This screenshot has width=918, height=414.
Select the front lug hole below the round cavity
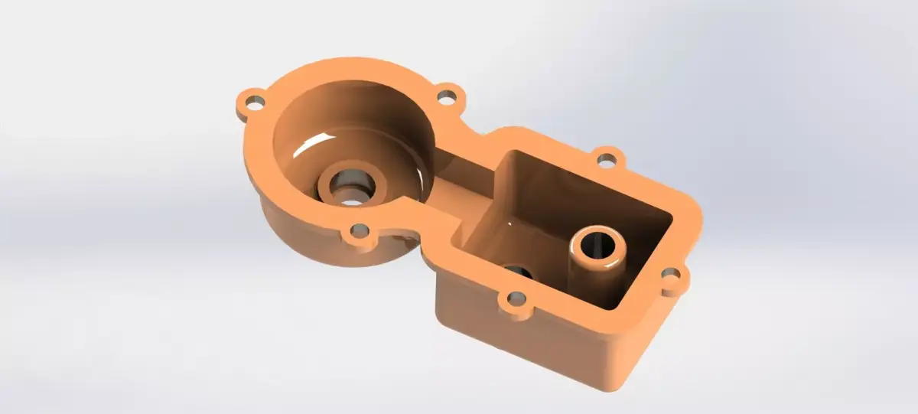(x=358, y=230)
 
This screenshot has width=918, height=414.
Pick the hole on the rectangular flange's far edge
(x=606, y=160)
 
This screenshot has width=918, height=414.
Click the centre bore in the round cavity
(x=351, y=191)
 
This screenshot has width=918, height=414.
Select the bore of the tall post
(x=597, y=245)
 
